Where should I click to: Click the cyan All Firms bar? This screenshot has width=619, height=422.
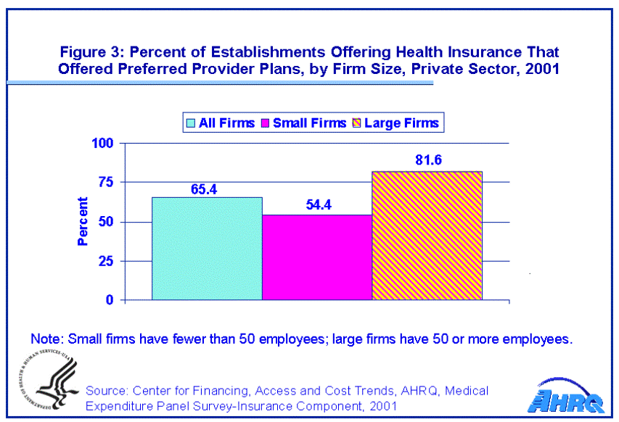207,248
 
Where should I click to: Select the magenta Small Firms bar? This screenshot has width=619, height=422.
317,257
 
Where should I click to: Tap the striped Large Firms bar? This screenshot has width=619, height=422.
427,235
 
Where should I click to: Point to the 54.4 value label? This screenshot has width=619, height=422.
317,207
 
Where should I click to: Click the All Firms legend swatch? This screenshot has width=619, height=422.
191,123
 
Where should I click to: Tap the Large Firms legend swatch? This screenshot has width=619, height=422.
356,123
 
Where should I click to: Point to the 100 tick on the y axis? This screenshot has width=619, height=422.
104,143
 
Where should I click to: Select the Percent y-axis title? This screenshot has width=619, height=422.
82,221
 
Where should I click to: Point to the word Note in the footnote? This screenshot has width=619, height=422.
45,339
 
